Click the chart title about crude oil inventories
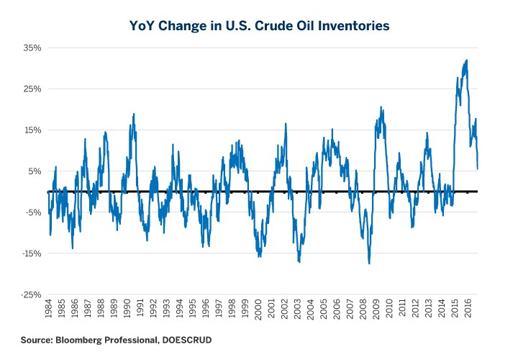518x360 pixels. (259, 25)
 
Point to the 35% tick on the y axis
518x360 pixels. (32, 48)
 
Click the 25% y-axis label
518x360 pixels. (32, 89)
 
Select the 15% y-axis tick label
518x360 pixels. (32, 130)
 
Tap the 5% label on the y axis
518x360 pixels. (35, 171)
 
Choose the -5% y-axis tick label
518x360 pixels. (33, 212)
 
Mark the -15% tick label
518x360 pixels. (31, 253)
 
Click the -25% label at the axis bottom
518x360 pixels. (31, 294)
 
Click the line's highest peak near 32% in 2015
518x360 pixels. (467, 60)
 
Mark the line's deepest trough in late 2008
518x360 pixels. (369, 263)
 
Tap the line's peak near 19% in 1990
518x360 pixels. (134, 114)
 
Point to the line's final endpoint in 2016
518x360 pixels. (478, 168)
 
